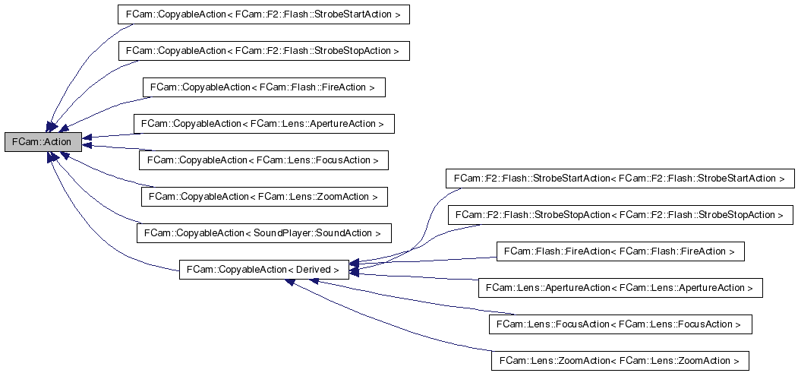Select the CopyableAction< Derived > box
264,269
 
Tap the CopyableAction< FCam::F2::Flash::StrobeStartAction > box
263,14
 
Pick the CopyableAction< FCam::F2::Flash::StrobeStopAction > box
263,50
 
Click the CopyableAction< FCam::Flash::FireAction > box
263,87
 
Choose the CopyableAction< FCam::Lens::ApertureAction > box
263,123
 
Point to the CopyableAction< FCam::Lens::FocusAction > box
263,160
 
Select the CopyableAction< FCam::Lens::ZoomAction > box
263,196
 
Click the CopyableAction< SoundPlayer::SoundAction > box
263,232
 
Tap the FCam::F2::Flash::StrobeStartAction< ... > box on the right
619,179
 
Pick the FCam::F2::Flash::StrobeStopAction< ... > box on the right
619,215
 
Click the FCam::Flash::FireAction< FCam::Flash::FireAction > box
620,251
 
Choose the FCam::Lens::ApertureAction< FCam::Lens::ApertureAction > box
620,288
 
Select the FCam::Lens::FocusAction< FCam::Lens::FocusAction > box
620,324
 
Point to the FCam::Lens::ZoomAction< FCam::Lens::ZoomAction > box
620,360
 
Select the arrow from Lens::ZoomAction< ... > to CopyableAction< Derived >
395,319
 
